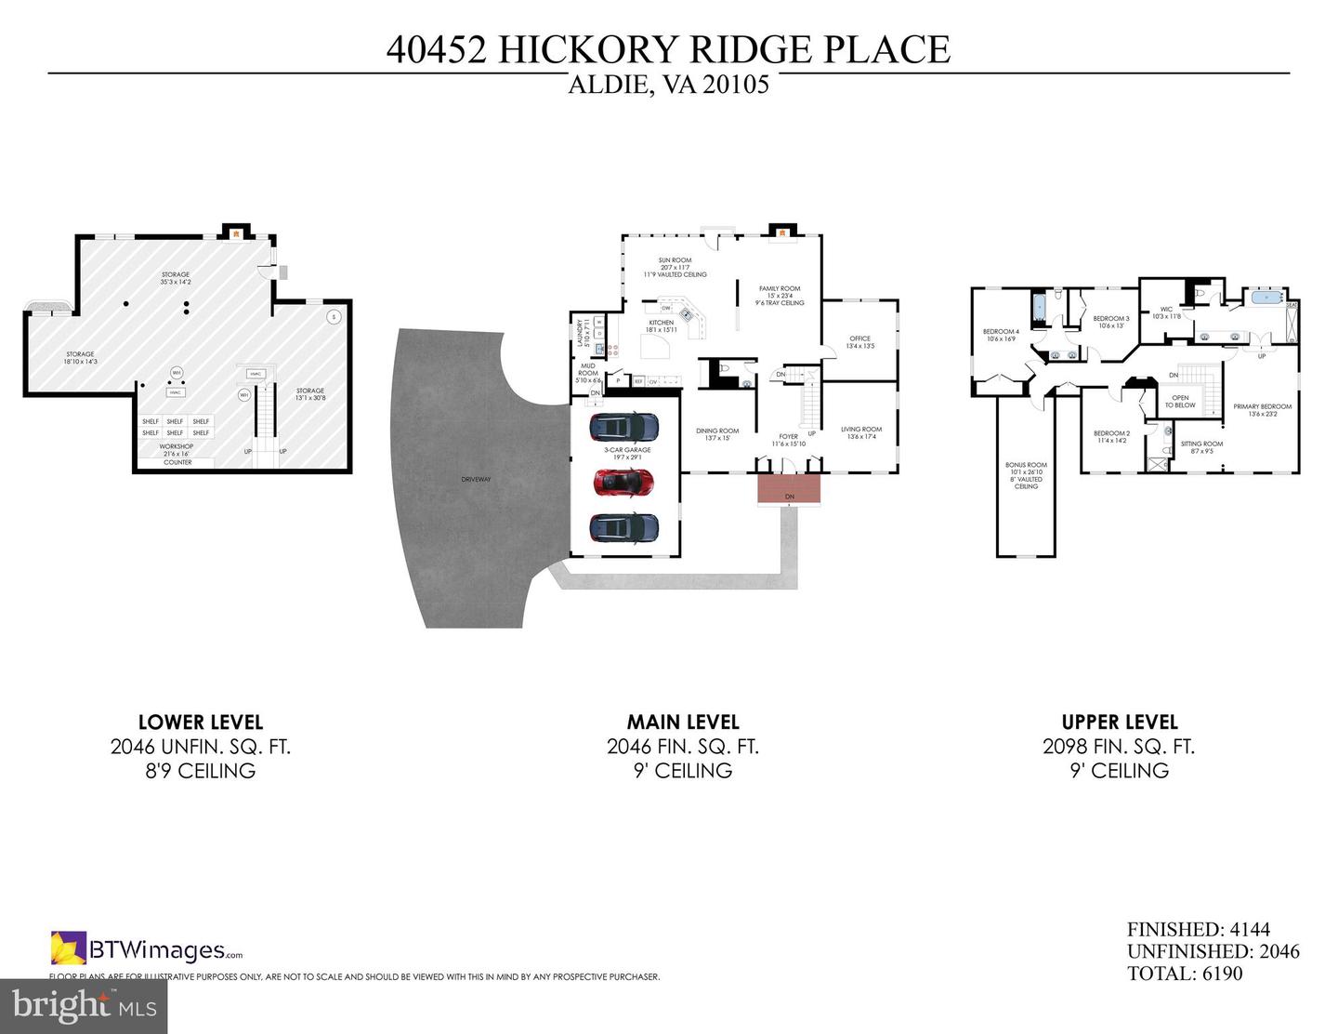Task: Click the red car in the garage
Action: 623,482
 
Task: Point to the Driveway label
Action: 476,479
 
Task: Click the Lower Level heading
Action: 201,722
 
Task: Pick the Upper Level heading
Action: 1120,722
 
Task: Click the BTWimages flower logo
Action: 69,948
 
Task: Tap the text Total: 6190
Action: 1185,974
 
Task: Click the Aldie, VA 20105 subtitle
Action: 668,86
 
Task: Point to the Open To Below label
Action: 1180,402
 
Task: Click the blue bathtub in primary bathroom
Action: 1266,298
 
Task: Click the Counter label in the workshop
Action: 177,462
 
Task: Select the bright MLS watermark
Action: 84,1006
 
